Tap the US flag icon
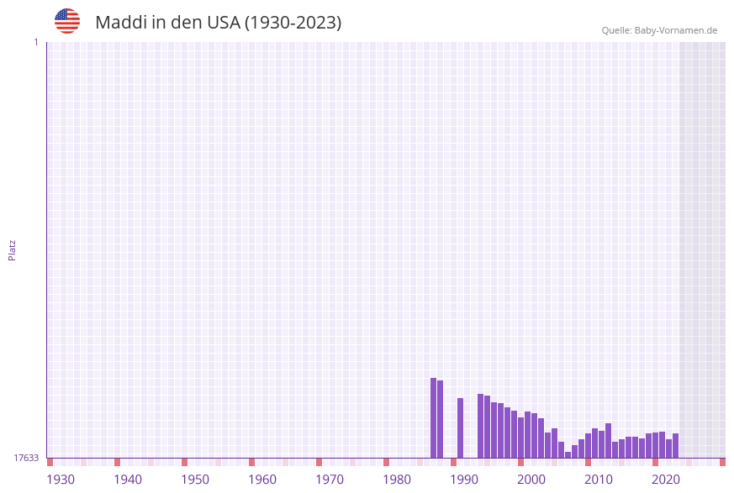coord(67,21)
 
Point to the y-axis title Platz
coord(13,249)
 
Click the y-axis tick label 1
coord(35,42)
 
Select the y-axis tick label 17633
coord(26,458)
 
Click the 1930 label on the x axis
coord(61,480)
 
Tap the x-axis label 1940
coord(128,480)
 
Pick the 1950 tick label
coord(195,480)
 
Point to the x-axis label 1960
coord(262,480)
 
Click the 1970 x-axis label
coord(330,480)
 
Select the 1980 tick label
coord(397,480)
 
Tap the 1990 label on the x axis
coord(464,480)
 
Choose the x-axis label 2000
coord(531,480)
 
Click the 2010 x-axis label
coord(599,480)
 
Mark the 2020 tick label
coord(666,480)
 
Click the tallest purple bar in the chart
coord(434,417)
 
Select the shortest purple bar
coord(568,454)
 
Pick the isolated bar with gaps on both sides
coord(461,427)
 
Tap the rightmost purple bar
coord(676,445)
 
